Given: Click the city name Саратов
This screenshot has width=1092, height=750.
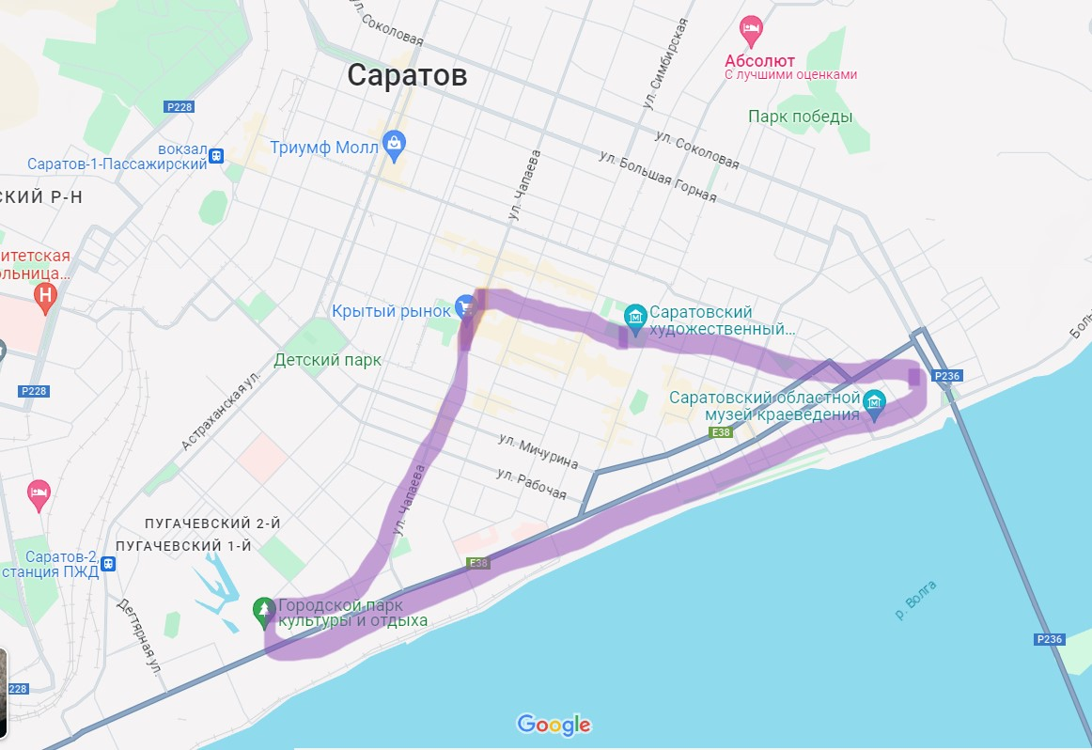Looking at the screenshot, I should pyautogui.click(x=407, y=75).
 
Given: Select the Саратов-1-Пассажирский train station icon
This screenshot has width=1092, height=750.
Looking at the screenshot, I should pyautogui.click(x=217, y=155).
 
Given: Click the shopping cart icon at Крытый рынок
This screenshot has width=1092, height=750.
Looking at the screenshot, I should pyautogui.click(x=464, y=305).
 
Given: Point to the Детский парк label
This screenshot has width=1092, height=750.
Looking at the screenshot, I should pyautogui.click(x=328, y=360).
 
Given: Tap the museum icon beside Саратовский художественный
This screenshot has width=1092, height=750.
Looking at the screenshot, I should pyautogui.click(x=635, y=315).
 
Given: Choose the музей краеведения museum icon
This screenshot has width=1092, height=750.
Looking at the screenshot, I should pyautogui.click(x=875, y=401).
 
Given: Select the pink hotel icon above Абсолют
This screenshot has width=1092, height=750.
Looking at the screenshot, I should pyautogui.click(x=750, y=30).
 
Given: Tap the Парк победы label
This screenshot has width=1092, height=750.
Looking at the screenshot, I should pyautogui.click(x=800, y=117).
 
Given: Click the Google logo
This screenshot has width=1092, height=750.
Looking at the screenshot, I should pyautogui.click(x=554, y=725).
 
